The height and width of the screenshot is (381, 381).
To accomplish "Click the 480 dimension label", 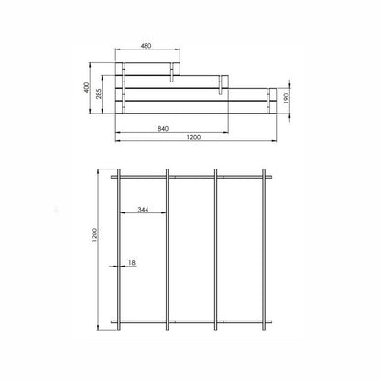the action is click(x=147, y=46).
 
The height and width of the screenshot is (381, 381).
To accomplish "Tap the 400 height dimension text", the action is click(x=87, y=88).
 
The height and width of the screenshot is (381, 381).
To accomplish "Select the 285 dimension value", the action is click(x=99, y=93).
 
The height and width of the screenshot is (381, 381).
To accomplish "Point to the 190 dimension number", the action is click(x=286, y=98).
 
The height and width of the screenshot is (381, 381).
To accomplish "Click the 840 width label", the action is click(x=163, y=129).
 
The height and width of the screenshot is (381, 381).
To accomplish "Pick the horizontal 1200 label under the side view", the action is click(x=193, y=137).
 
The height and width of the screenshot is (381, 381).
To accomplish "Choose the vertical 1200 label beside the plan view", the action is click(x=94, y=235).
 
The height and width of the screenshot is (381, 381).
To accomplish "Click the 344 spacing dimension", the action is click(x=143, y=210).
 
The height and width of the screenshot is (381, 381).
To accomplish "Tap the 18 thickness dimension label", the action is click(x=132, y=262).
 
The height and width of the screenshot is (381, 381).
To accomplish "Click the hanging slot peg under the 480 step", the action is click(x=172, y=72).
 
